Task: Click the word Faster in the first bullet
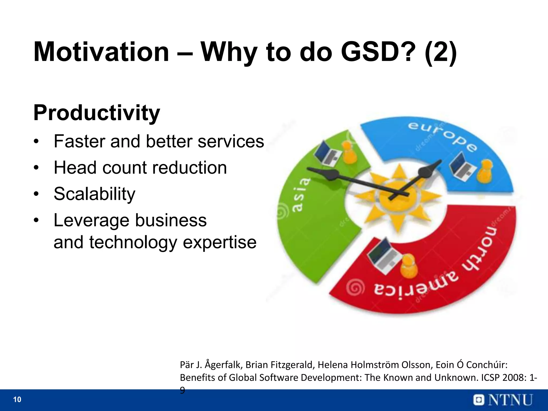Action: click(80, 141)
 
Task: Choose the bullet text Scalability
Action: click(94, 194)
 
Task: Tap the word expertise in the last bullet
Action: click(219, 242)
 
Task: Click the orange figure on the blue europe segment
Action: click(485, 172)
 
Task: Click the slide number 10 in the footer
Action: click(17, 400)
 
